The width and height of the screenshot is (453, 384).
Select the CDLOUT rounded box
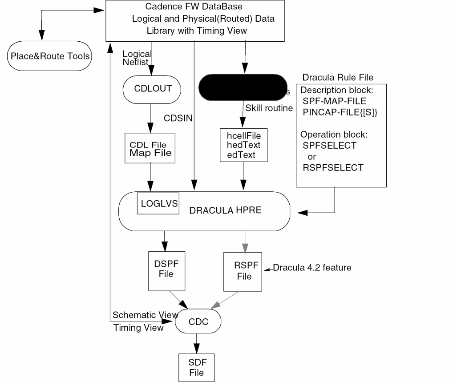tap(152, 88)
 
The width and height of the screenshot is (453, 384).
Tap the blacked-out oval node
tap(243, 87)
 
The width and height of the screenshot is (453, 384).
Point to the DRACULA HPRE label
tap(225, 210)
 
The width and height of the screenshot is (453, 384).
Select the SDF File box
tap(196, 367)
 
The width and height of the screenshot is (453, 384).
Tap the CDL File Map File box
tap(150, 148)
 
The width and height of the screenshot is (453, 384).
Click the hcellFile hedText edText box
tap(244, 145)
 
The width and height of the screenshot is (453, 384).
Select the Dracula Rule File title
tap(338, 78)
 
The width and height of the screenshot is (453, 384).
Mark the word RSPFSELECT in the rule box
tap(332, 168)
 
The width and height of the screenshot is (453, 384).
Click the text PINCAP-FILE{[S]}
tap(340, 112)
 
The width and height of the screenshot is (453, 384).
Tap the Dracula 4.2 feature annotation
tap(312, 268)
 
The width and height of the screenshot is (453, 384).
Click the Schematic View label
tap(145, 315)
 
